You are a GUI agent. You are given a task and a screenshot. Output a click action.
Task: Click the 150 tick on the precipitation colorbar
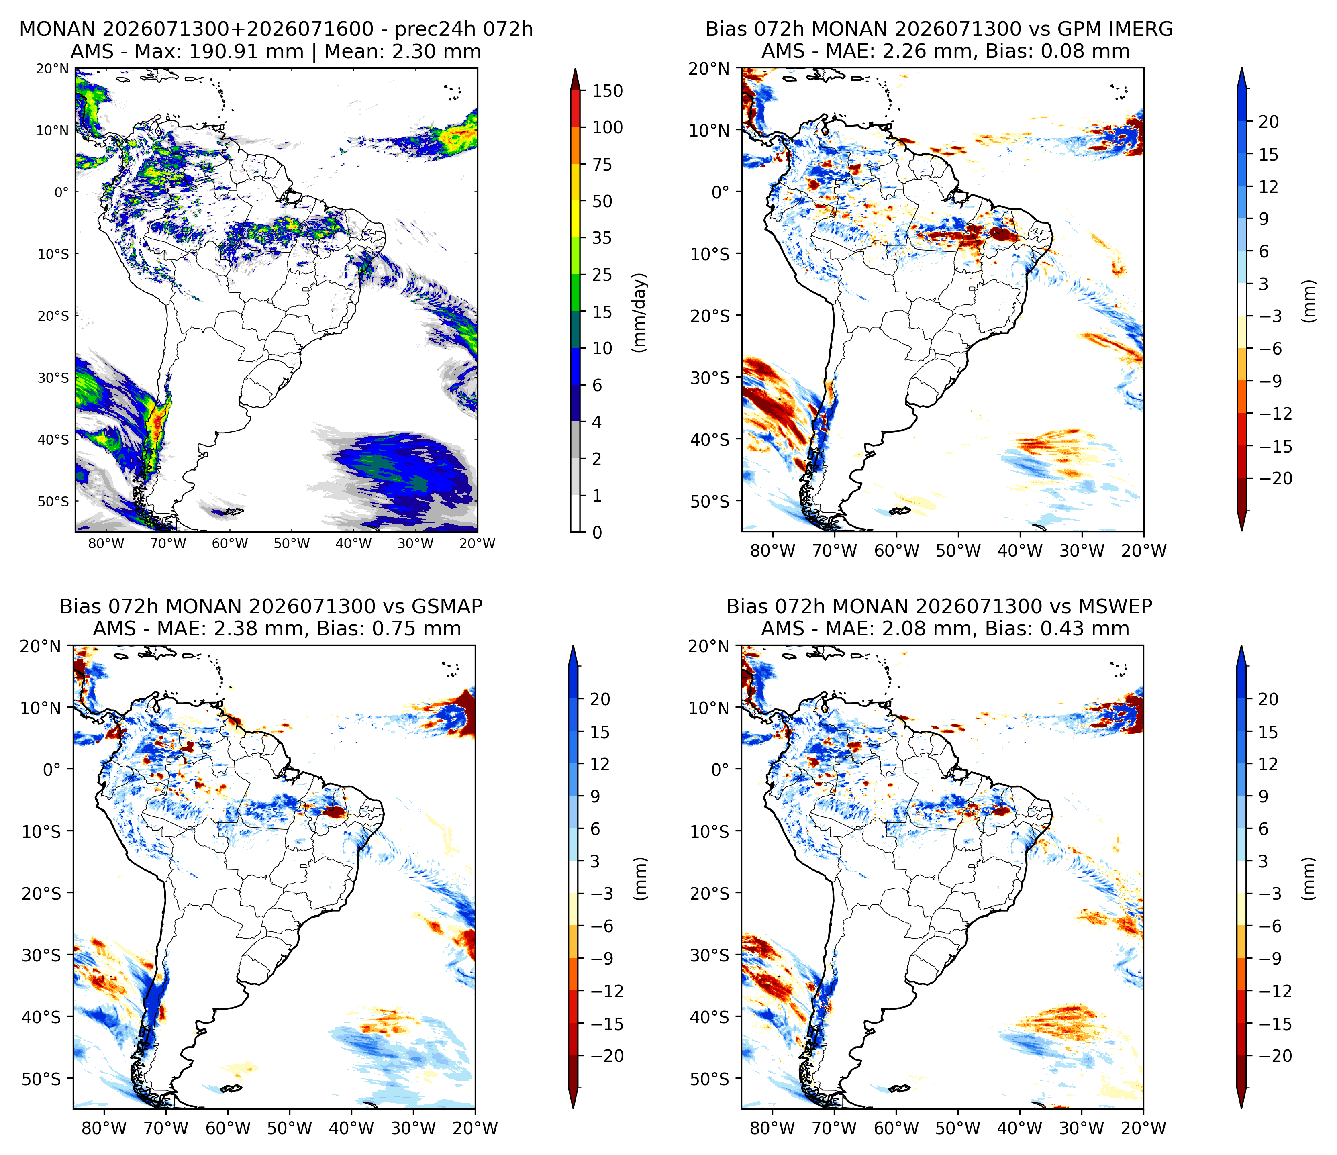click(608, 91)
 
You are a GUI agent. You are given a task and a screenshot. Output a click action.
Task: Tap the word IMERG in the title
click(1139, 29)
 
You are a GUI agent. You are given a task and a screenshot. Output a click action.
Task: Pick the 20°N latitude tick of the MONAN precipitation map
click(52, 68)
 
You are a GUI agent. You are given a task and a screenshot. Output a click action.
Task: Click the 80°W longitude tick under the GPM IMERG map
click(772, 551)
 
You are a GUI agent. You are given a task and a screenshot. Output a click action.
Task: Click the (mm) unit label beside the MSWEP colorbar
click(1308, 878)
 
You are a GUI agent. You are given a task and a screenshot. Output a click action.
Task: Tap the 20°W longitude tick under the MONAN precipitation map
click(478, 544)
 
